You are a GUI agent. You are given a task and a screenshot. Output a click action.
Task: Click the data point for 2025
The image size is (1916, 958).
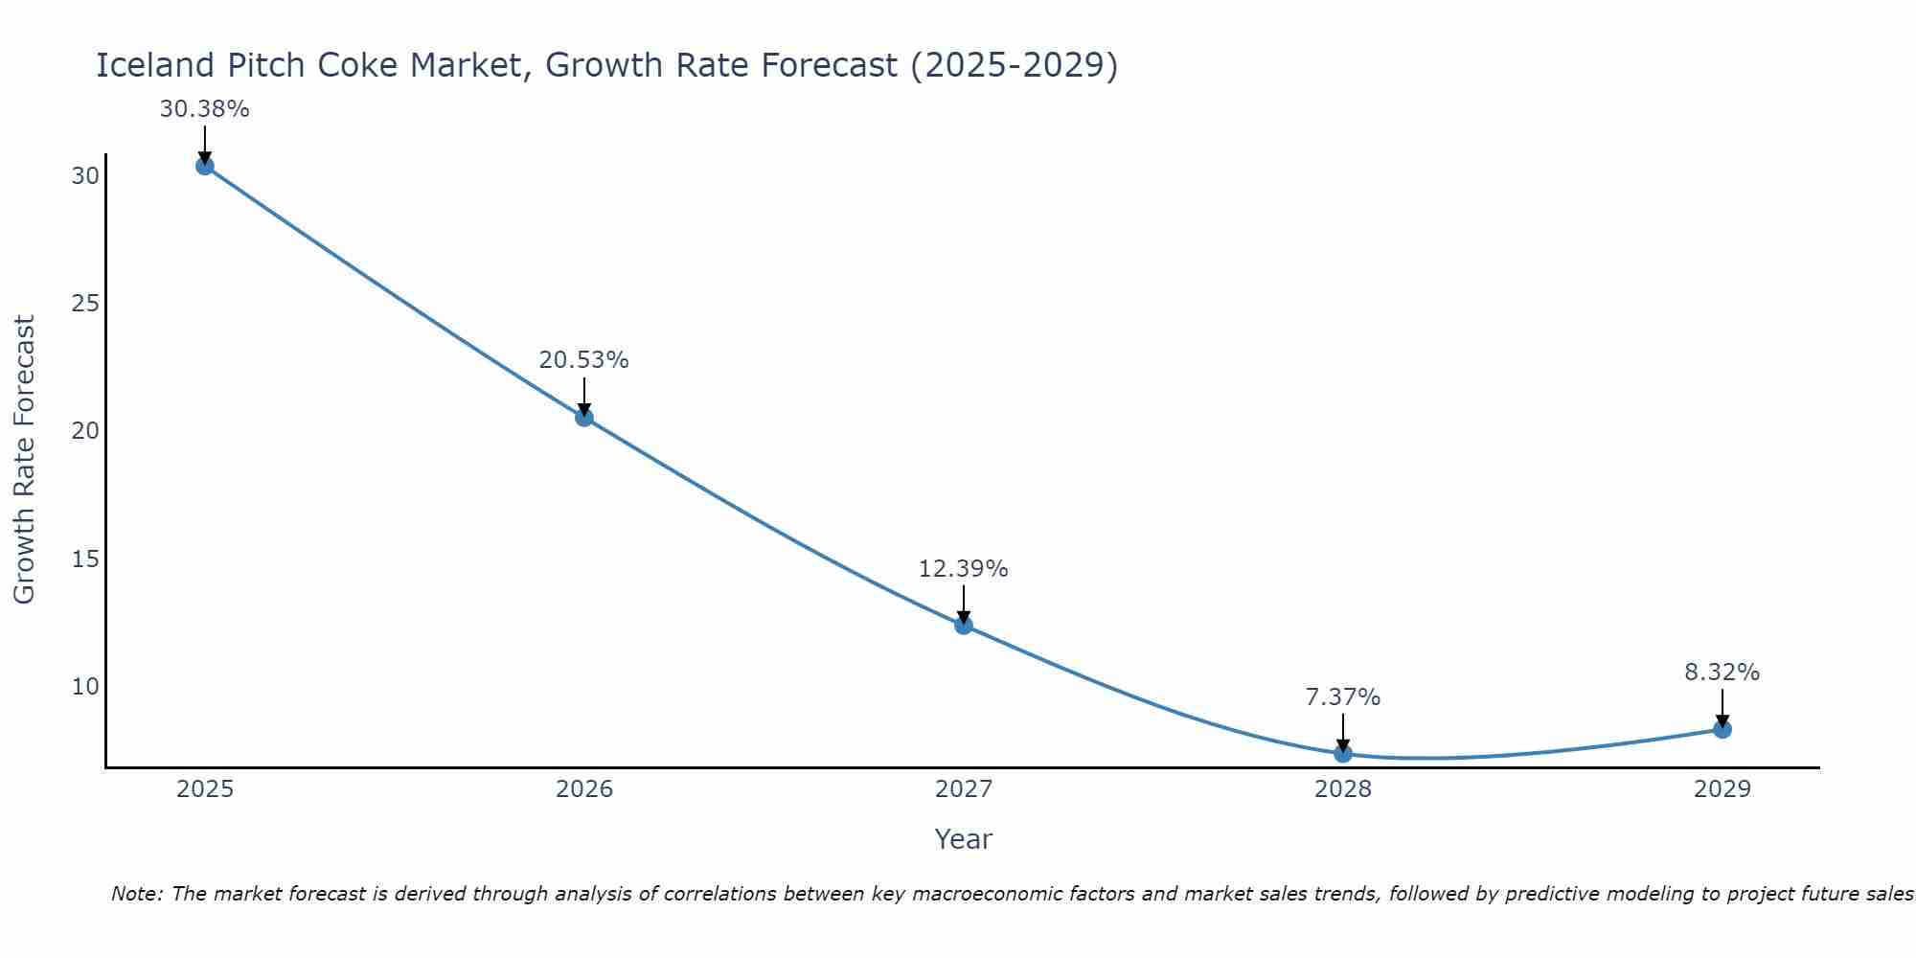(x=204, y=166)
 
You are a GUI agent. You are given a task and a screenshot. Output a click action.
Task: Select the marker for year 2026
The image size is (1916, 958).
(x=584, y=418)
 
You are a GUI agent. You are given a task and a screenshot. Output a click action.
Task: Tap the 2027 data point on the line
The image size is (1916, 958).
(x=964, y=626)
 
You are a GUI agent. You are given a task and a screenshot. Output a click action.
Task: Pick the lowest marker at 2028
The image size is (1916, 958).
(x=1343, y=754)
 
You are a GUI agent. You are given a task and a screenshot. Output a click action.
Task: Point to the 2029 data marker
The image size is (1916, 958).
(x=1722, y=729)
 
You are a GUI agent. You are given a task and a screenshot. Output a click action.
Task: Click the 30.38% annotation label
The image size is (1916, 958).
(x=204, y=109)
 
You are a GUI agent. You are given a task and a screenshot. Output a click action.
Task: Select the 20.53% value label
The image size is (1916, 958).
(x=583, y=360)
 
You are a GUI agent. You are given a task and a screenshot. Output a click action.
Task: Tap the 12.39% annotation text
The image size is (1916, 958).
(x=963, y=569)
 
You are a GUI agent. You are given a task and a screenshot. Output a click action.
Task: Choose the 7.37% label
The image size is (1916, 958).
(x=1342, y=697)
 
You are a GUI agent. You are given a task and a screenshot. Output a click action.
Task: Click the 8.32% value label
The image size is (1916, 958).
(x=1722, y=673)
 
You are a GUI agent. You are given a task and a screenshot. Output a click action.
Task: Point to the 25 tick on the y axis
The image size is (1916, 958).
(x=85, y=304)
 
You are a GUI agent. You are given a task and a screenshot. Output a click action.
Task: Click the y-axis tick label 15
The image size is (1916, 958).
(x=85, y=559)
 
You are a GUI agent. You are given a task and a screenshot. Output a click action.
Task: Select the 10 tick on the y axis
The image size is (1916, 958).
(x=85, y=687)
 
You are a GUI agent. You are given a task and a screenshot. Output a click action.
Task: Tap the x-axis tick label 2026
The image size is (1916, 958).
(x=584, y=789)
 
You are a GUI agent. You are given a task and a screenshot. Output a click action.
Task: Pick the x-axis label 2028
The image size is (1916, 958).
(x=1343, y=789)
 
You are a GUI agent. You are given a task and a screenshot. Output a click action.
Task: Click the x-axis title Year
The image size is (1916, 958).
(x=963, y=839)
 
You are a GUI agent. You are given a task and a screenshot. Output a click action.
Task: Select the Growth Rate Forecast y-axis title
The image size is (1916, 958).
(x=24, y=460)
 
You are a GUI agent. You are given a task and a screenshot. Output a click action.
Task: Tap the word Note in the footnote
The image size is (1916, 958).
(x=138, y=894)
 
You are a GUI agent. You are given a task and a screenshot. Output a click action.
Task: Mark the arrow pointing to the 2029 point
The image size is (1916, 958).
(x=1722, y=707)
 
